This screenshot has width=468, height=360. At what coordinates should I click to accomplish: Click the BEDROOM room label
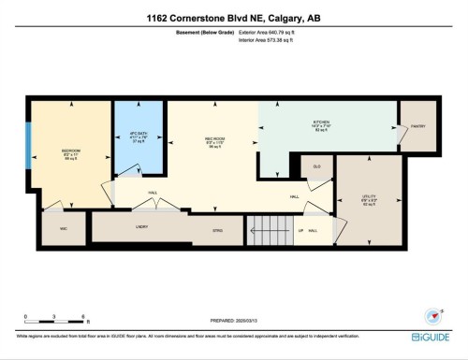pyautogui.click(x=70, y=150)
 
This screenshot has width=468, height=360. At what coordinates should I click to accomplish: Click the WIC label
pyautogui.click(x=64, y=228)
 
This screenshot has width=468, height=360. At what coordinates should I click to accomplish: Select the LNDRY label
pyautogui.click(x=142, y=225)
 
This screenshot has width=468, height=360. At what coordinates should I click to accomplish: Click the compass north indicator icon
pyautogui.click(x=433, y=315)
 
